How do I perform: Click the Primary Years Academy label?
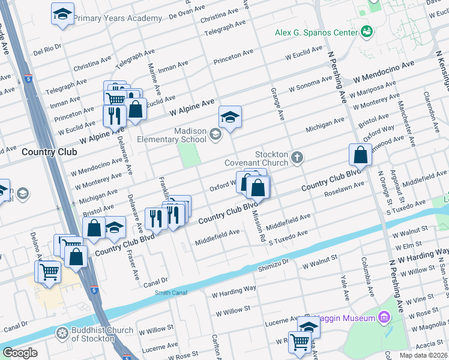(109, 19)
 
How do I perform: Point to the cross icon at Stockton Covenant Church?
(297, 158)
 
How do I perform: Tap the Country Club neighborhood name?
(49, 152)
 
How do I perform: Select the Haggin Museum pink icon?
(385, 317)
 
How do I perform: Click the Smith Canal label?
(171, 293)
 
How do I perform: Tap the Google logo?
(20, 353)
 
